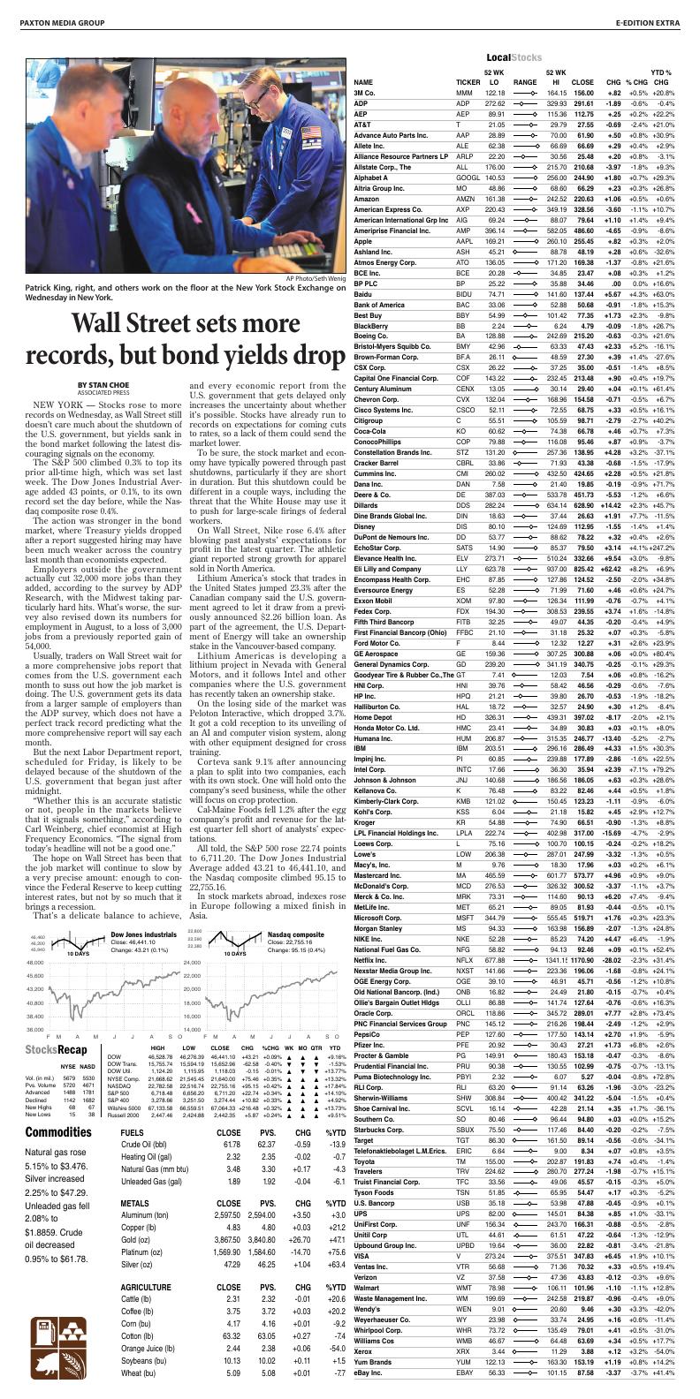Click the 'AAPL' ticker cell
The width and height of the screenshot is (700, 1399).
(x=463, y=241)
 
